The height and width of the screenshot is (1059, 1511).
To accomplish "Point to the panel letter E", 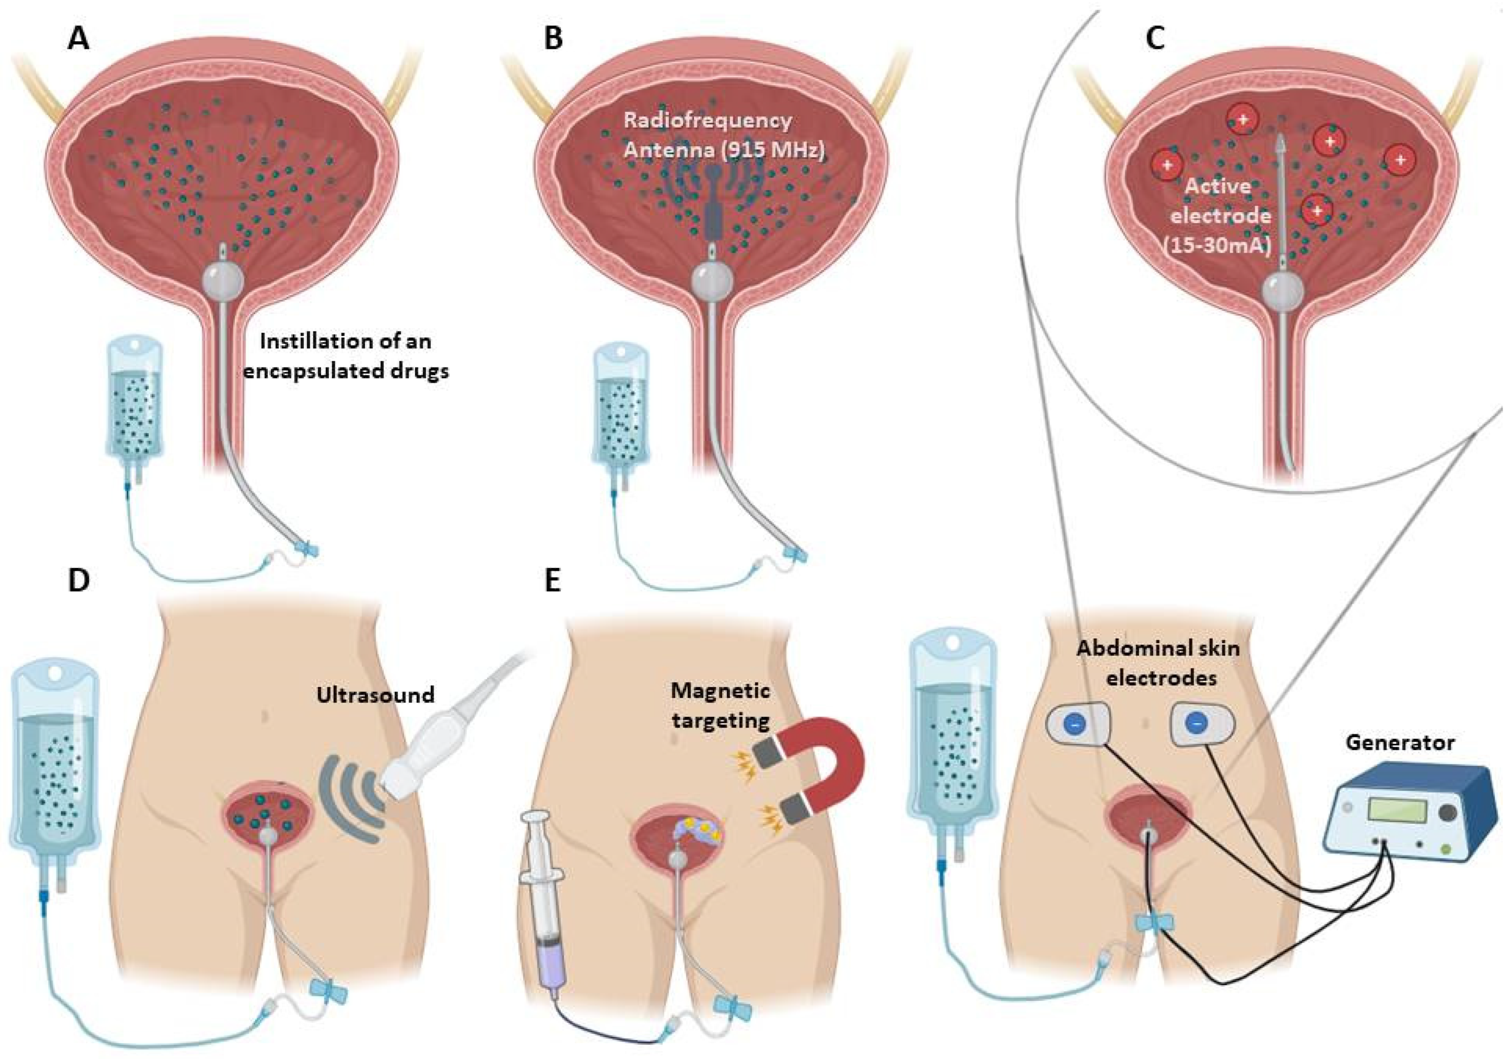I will click(552, 582).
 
